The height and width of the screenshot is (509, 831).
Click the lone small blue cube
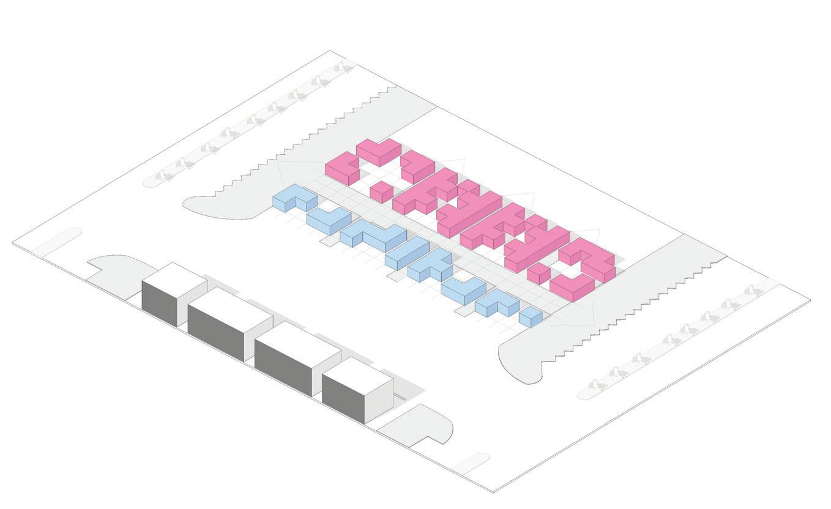(531, 317)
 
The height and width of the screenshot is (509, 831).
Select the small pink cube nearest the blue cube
(538, 272)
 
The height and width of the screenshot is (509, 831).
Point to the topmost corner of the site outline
(330, 51)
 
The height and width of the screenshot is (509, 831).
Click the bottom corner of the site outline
(493, 491)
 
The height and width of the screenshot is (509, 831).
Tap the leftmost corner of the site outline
(13, 243)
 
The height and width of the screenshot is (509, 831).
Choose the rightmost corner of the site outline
(810, 300)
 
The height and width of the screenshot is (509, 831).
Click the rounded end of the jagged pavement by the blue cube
(520, 364)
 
